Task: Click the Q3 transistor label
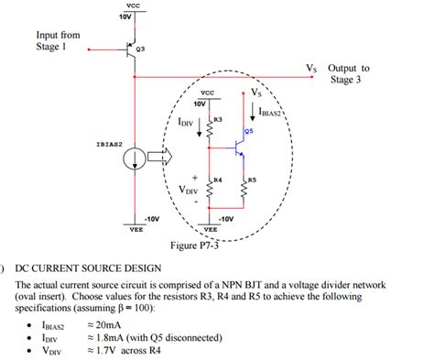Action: point(140,47)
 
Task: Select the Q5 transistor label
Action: point(249,131)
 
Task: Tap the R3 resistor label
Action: point(218,120)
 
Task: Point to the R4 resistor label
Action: point(218,180)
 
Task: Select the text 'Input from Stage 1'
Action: point(57,41)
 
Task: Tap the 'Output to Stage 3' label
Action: point(348,73)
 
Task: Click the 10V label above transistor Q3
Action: point(125,16)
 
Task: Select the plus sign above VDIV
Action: point(194,178)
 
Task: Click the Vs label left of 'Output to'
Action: point(312,68)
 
